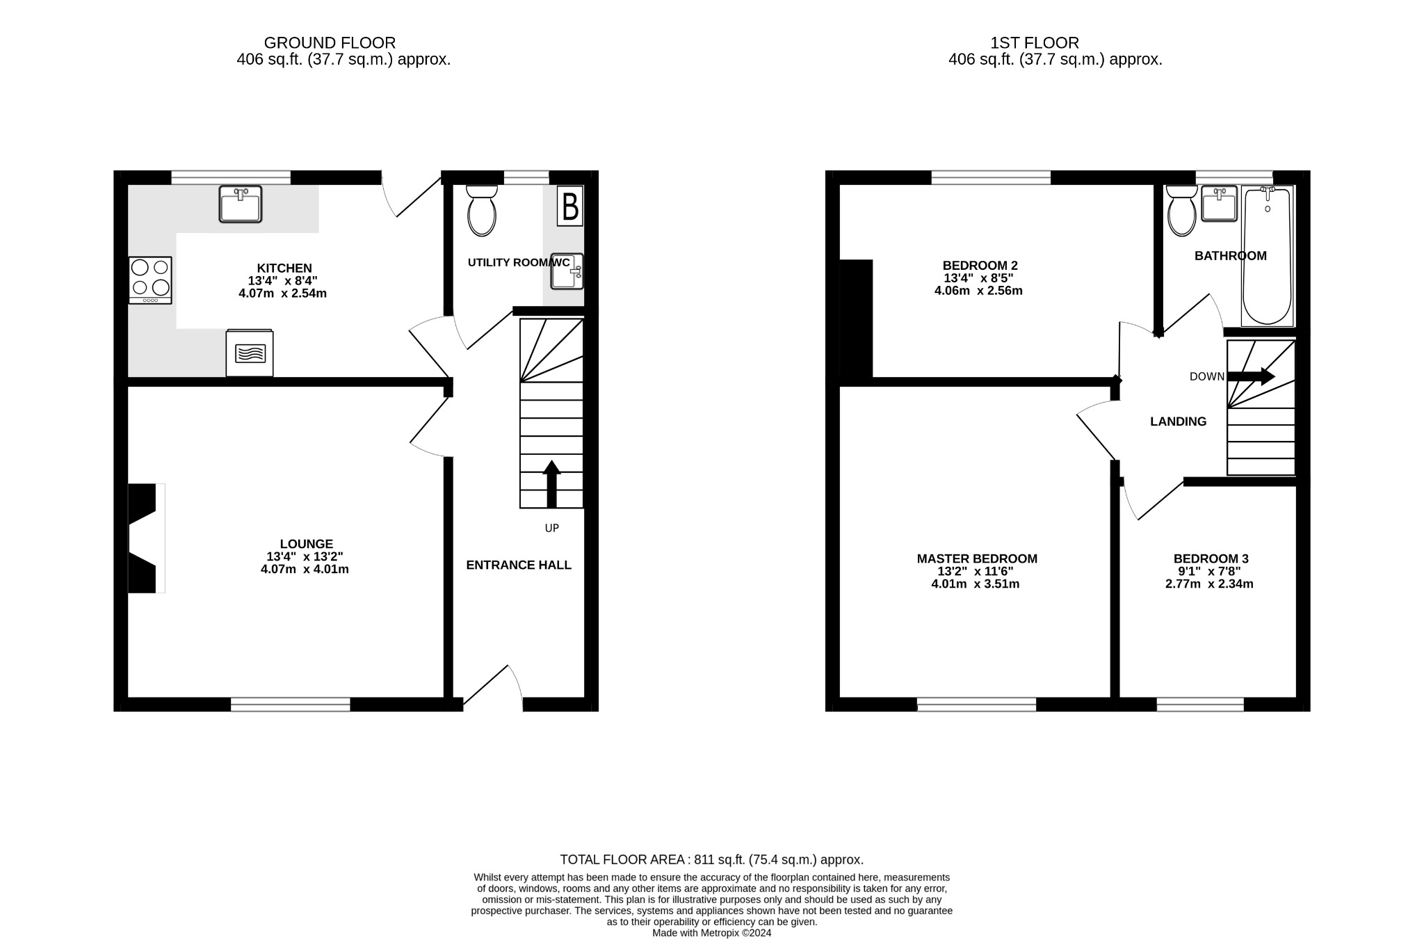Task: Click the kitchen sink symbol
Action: click(240, 204)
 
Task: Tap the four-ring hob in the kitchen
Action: click(150, 280)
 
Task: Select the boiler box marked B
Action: click(570, 207)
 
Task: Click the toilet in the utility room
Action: click(482, 210)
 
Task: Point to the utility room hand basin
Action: click(567, 271)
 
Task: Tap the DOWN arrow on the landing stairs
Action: click(1251, 376)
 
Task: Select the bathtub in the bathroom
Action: click(1268, 256)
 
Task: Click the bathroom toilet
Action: click(1182, 210)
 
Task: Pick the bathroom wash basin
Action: click(1220, 204)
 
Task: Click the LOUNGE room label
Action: click(307, 544)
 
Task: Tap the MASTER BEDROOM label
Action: click(977, 559)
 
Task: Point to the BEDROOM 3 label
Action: click(1211, 559)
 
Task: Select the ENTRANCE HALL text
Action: click(519, 565)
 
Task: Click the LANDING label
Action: click(1178, 422)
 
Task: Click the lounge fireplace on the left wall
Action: click(145, 538)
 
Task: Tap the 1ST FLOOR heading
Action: click(1035, 43)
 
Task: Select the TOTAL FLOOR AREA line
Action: click(711, 860)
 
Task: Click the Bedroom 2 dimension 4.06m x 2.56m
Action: click(978, 291)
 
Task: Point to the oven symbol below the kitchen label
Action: click(250, 353)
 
